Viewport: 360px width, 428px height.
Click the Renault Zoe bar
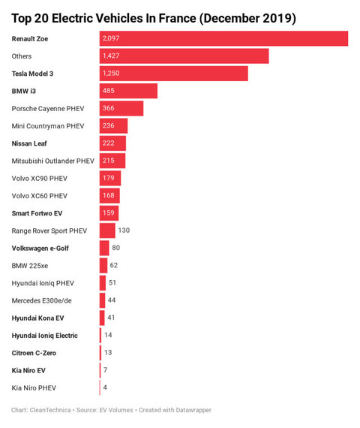[223, 38]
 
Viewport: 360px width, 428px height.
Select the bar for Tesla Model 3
[174, 74]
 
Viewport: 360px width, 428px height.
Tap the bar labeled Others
[184, 56]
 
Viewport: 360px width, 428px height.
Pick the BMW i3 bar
[128, 91]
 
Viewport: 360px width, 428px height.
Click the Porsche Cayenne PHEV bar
[121, 108]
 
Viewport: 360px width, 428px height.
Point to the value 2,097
[111, 38]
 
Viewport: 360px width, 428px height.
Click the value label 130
[124, 231]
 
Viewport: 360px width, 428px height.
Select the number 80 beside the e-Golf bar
[116, 248]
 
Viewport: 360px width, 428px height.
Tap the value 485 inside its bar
[109, 91]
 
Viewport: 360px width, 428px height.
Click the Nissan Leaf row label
[29, 143]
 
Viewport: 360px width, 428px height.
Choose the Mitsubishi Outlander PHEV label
[53, 161]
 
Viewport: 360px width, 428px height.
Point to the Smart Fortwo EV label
[37, 213]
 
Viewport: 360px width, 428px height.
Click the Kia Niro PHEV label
[34, 388]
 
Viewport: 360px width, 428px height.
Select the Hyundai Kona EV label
[37, 318]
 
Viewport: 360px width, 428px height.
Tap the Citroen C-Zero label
[34, 353]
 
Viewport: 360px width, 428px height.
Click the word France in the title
[177, 19]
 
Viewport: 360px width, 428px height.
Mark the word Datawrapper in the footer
[193, 410]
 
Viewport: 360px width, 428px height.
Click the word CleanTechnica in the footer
[50, 410]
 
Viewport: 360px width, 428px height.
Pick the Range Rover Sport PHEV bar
[107, 231]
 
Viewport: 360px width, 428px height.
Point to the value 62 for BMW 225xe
[114, 265]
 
